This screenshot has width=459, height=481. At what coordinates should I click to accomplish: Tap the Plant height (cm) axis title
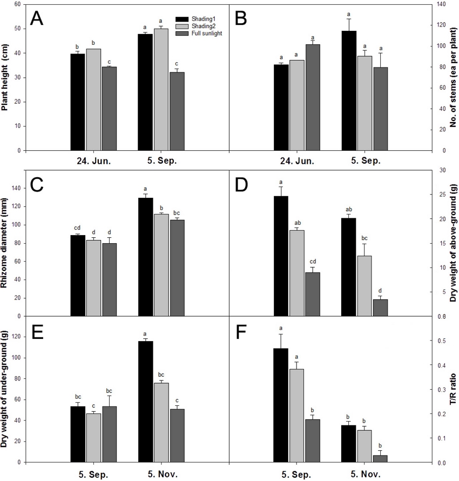(6, 77)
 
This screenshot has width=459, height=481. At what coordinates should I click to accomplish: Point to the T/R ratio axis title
(453, 390)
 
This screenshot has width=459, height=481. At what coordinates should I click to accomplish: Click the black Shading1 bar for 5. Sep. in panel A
(145, 92)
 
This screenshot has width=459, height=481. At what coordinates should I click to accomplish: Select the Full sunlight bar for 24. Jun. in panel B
(313, 97)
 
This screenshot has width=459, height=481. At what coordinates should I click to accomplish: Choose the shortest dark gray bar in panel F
(381, 458)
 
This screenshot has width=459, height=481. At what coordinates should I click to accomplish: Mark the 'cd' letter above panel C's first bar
(77, 228)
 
